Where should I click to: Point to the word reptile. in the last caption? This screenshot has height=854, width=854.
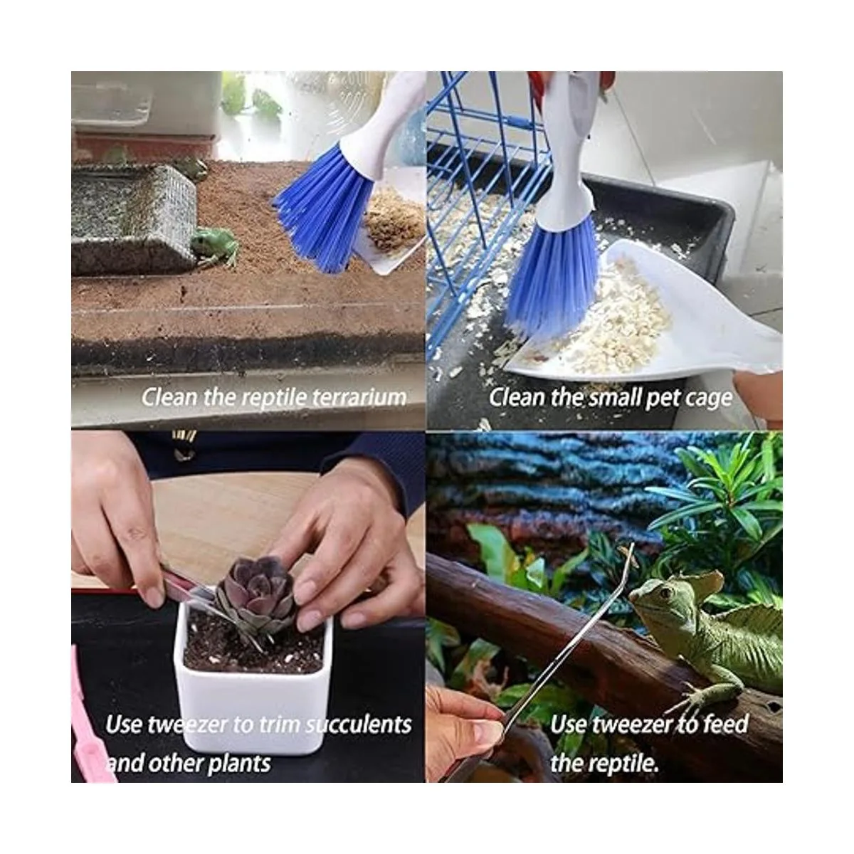click(619, 763)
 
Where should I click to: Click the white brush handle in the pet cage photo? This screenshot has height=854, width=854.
click(566, 147)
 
